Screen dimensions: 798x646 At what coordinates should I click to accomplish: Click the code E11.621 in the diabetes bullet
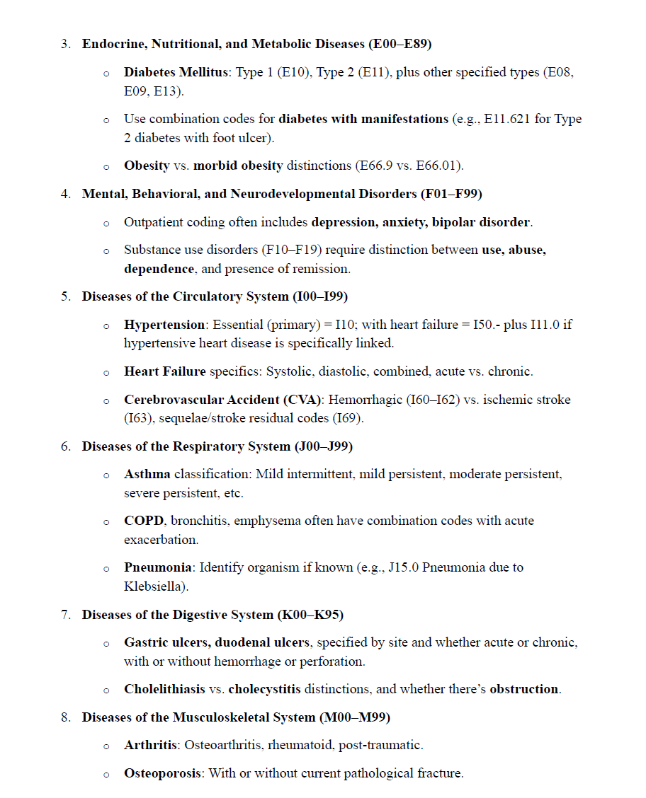[509, 119]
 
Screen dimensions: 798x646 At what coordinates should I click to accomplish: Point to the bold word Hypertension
[164, 325]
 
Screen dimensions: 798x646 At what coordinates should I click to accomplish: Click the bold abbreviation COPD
[144, 521]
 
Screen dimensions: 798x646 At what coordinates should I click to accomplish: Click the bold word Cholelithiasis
[164, 689]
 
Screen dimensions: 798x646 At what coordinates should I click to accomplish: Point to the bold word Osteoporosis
[164, 773]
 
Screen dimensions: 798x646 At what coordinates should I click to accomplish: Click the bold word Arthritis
[150, 745]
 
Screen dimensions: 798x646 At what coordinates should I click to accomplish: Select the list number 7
[65, 615]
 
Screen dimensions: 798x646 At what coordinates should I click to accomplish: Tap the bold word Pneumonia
[158, 567]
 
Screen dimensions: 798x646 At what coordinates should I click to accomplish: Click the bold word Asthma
[147, 474]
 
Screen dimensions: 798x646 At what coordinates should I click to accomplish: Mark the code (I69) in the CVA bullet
[347, 418]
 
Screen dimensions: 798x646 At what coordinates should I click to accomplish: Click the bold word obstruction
[524, 689]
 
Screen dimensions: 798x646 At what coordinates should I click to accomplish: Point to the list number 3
[65, 44]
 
